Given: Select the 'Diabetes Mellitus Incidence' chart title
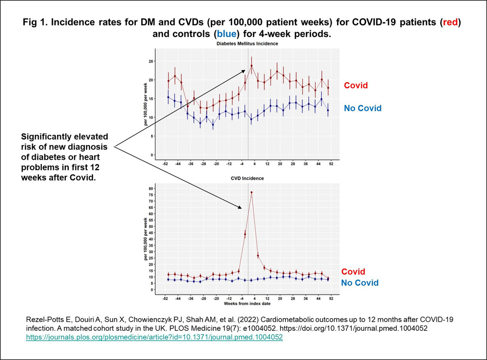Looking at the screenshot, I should pyautogui.click(x=248, y=44).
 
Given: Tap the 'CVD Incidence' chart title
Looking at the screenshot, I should pyautogui.click(x=248, y=178).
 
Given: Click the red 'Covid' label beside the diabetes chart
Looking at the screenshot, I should pyautogui.click(x=356, y=85).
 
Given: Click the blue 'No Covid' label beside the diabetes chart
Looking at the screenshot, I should pyautogui.click(x=362, y=108).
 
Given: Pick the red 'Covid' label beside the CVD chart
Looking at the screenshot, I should pyautogui.click(x=353, y=271).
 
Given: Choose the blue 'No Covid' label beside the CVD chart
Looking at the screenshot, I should pyautogui.click(x=359, y=283).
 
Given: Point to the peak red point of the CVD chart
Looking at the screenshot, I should pyautogui.click(x=252, y=192).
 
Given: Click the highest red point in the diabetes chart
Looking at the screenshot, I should pyautogui.click(x=252, y=66).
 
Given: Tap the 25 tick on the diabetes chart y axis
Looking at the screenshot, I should pyautogui.click(x=151, y=61).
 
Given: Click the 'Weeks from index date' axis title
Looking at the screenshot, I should pyautogui.click(x=248, y=303).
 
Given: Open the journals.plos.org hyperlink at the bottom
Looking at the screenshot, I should pyautogui.click(x=154, y=336).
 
